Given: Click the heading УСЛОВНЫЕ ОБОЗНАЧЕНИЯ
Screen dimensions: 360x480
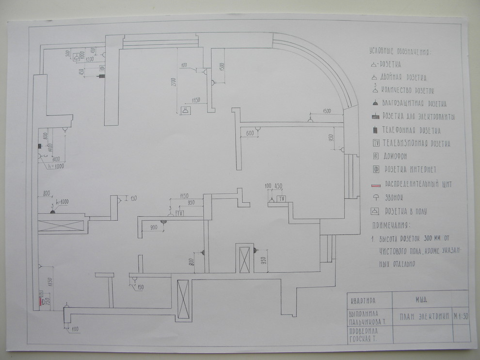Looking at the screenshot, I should (x=400, y=52).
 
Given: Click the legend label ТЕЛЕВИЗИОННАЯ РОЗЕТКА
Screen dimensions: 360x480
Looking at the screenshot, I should (x=416, y=144).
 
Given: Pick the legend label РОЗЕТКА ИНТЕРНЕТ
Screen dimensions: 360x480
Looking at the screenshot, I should (x=410, y=169).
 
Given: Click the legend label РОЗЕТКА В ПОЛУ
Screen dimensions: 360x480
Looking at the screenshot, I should (x=405, y=212).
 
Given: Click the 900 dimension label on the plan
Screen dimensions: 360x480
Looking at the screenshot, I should (x=153, y=227).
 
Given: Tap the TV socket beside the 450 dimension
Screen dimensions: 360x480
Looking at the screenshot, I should (x=282, y=199).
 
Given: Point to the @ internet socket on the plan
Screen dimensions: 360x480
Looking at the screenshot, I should (x=102, y=68).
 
